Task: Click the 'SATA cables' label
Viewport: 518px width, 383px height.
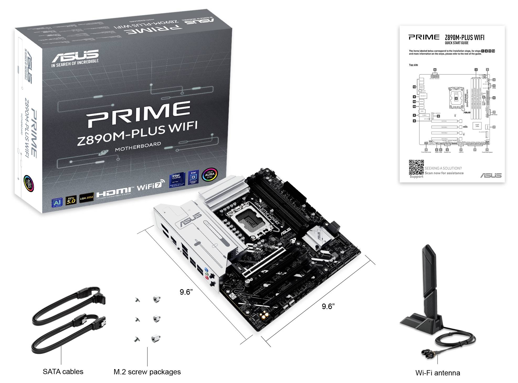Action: pyautogui.click(x=63, y=371)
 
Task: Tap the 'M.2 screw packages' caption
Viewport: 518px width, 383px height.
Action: pyautogui.click(x=147, y=372)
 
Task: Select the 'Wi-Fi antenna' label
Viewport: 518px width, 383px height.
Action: pyautogui.click(x=437, y=373)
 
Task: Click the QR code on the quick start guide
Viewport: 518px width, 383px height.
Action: pyautogui.click(x=416, y=167)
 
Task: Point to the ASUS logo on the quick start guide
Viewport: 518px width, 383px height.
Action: pyautogui.click(x=491, y=175)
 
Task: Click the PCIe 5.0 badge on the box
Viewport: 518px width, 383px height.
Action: pyautogui.click(x=71, y=200)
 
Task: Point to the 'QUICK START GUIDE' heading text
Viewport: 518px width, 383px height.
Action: pyautogui.click(x=456, y=43)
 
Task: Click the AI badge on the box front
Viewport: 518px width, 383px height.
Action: pyautogui.click(x=57, y=203)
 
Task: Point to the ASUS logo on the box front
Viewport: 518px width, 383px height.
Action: pyautogui.click(x=75, y=55)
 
